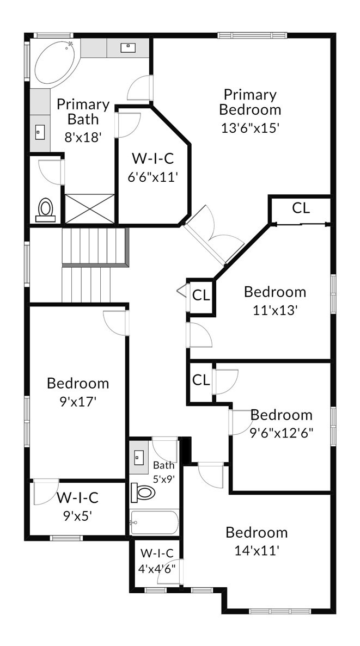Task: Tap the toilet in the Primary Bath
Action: pyautogui.click(x=45, y=210)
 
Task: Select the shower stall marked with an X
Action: pyautogui.click(x=90, y=210)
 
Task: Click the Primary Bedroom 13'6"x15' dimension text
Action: pyautogui.click(x=251, y=128)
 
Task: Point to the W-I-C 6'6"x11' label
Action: pyautogui.click(x=152, y=168)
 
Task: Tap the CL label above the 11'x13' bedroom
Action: pyautogui.click(x=301, y=208)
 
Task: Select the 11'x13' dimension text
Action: pyautogui.click(x=275, y=310)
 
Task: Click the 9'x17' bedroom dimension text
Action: pyautogui.click(x=78, y=401)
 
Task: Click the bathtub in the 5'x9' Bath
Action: pyautogui.click(x=154, y=522)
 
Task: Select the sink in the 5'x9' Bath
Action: pyautogui.click(x=138, y=457)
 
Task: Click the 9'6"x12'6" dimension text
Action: pyautogui.click(x=282, y=433)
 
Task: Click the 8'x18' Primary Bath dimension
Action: pyautogui.click(x=83, y=137)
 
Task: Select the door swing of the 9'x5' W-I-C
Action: pyautogui.click(x=46, y=492)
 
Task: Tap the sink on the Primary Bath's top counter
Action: pyautogui.click(x=127, y=48)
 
